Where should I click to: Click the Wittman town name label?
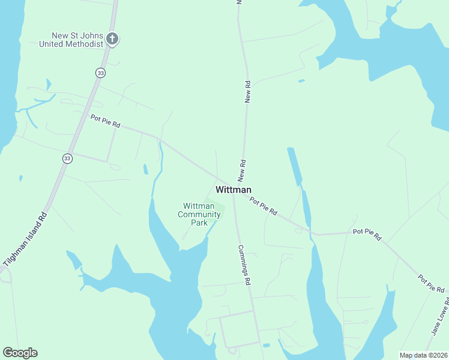click(233, 190)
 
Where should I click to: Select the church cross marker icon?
click(112, 40)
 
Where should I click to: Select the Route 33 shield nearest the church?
click(100, 72)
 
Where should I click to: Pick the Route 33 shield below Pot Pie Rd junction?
click(67, 158)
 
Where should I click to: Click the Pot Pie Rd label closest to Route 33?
click(106, 121)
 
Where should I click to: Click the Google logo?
click(20, 352)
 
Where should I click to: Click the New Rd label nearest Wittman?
click(243, 171)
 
